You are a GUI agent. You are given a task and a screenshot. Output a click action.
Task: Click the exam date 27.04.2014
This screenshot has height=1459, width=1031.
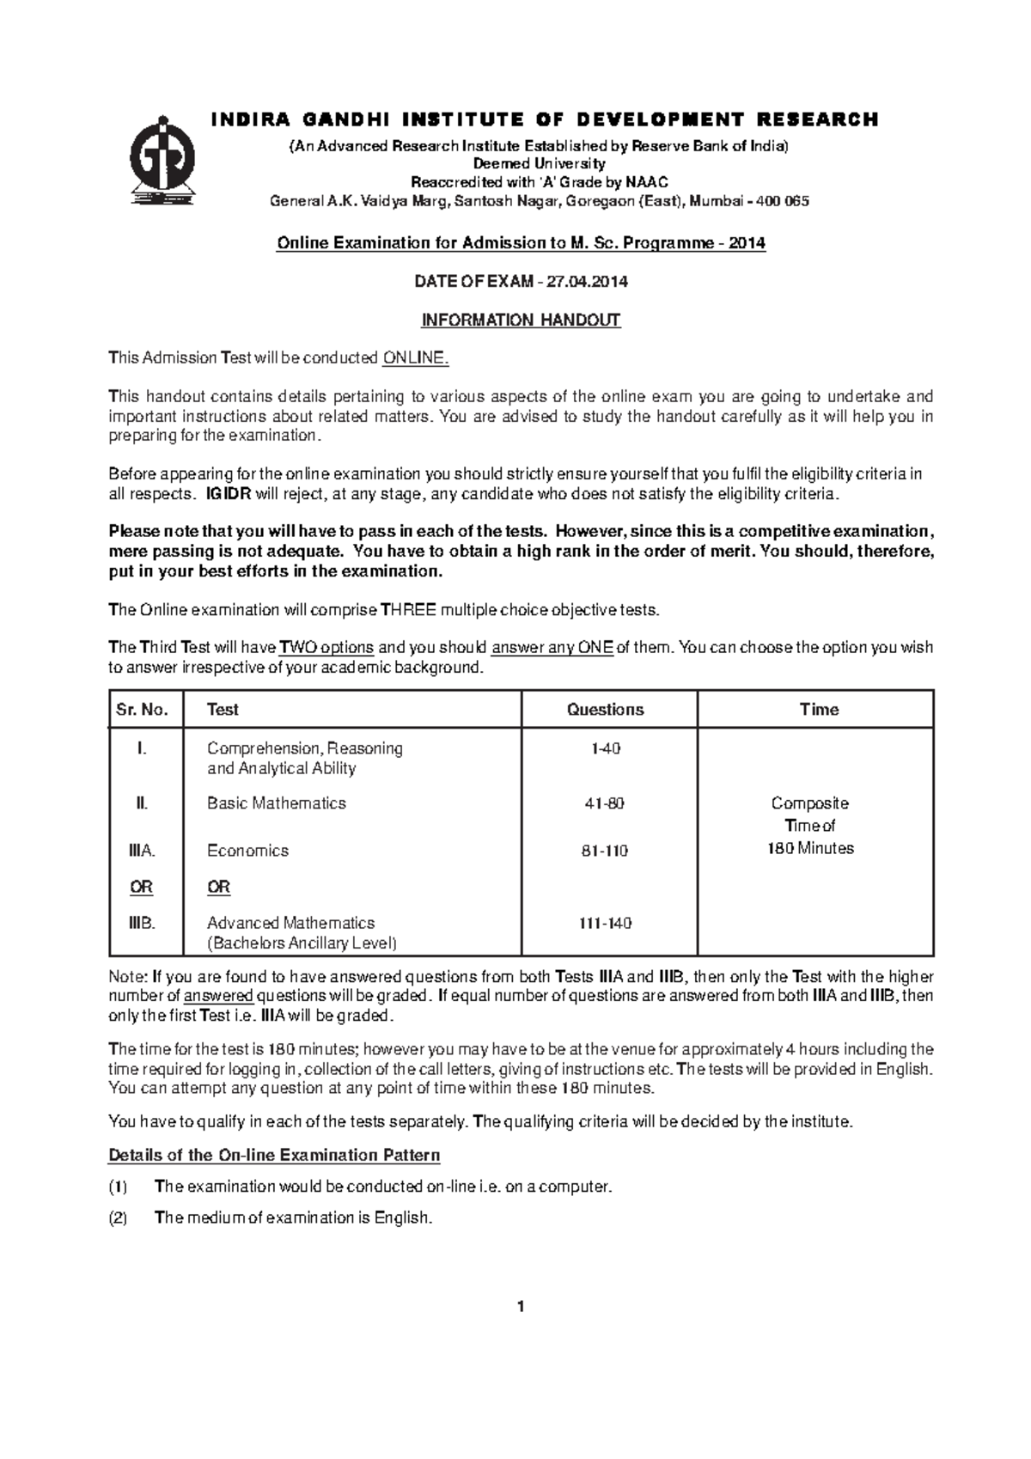pos(585,281)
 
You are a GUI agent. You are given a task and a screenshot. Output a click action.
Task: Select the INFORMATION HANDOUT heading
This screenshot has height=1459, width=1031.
pos(520,320)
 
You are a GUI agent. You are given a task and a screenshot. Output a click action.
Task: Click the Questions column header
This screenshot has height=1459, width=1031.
pos(605,710)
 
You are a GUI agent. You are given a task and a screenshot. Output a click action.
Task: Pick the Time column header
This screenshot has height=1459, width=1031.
pos(818,710)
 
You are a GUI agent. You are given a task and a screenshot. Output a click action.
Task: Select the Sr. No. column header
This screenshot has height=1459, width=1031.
pos(143,710)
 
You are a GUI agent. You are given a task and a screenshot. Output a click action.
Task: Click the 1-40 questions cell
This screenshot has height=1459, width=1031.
pos(605,749)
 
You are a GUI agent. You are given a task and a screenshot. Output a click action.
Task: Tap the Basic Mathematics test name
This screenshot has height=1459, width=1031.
pos(276,803)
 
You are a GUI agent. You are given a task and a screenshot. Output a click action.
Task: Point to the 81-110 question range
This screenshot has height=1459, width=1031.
pos(605,852)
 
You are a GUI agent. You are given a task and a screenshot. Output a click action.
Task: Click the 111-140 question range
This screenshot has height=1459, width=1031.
pos(605,924)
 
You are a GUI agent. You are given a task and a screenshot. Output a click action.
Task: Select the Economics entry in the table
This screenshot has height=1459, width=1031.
pos(247,851)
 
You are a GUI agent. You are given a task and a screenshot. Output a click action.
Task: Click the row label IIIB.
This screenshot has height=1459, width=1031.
pos(141,923)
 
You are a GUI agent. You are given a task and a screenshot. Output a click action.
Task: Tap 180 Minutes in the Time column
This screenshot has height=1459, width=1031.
pos(810,849)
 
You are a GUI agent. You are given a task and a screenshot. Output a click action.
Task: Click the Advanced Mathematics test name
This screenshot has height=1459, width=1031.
pos(290,923)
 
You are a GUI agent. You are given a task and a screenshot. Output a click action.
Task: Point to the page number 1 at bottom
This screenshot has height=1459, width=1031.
pos(520,1307)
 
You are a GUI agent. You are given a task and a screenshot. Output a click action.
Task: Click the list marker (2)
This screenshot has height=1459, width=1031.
pos(118,1218)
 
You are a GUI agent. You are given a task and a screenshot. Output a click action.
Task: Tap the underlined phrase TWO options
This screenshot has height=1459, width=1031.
pos(326,648)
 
